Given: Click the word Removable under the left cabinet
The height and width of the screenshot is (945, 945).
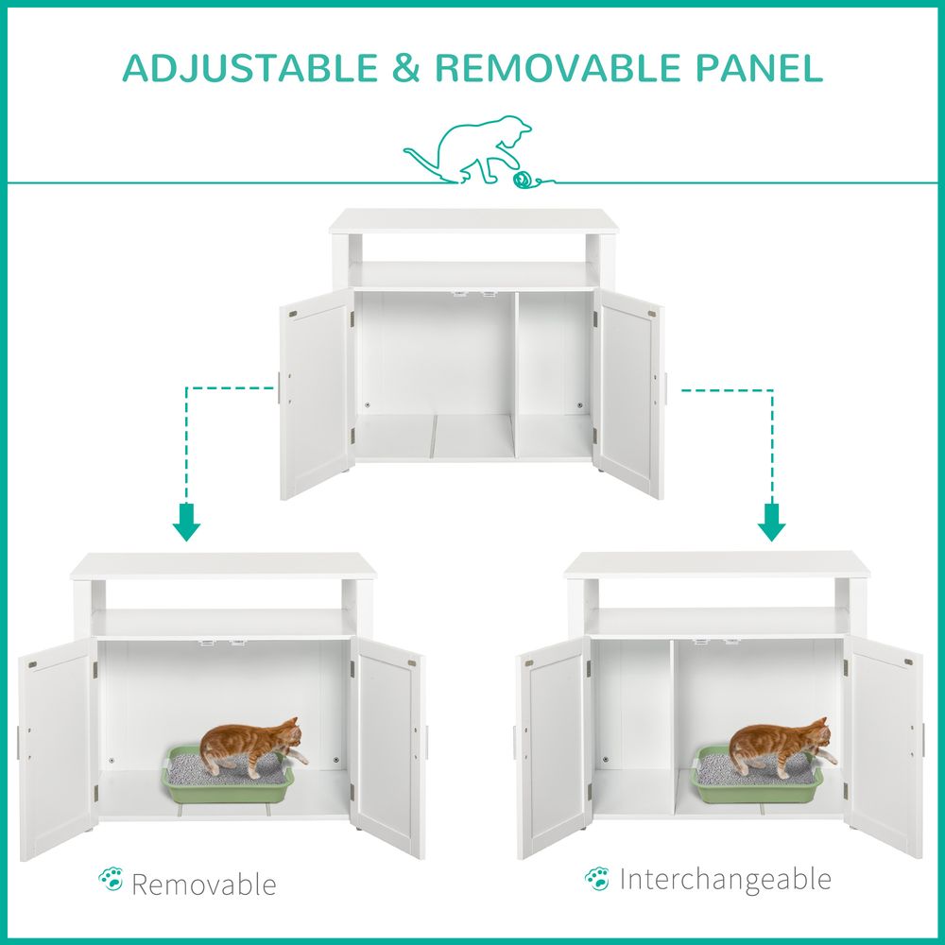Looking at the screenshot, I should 204,885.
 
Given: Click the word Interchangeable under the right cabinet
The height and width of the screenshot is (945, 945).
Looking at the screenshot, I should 726,879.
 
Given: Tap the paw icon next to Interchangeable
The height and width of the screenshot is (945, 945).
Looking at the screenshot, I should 596,878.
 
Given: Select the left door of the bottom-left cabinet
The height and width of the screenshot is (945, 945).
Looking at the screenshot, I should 57,747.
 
